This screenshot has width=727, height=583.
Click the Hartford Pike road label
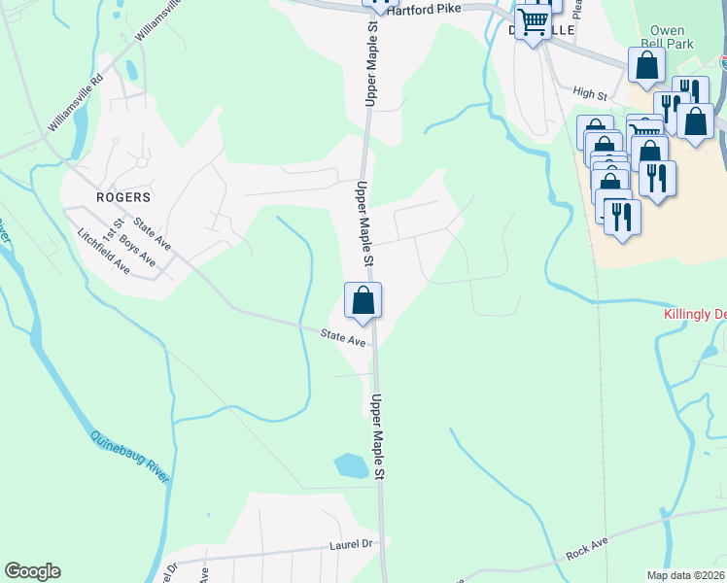434,10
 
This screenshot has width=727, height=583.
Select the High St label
590,94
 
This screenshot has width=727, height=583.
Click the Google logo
32,571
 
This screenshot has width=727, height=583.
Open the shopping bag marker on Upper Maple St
363,301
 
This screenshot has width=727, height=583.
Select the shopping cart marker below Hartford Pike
533,21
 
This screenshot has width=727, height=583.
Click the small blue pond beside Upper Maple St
352,465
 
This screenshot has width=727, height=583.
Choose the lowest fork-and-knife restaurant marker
622,217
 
